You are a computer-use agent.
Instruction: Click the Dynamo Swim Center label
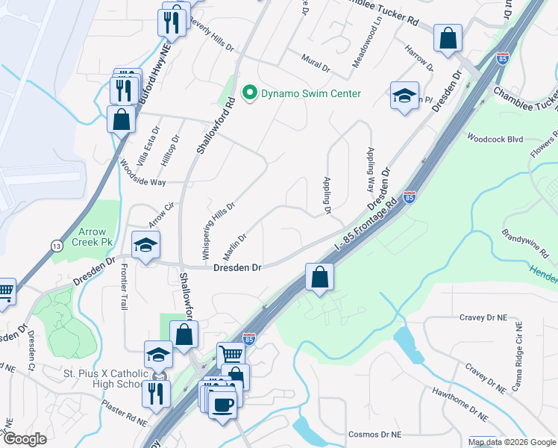point(310,93)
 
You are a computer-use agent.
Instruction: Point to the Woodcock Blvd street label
point(495,139)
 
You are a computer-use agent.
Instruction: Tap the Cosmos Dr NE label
point(376,435)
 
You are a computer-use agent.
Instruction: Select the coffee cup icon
point(222,405)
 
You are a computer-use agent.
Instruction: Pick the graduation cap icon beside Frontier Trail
point(145,244)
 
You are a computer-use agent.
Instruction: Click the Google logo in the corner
point(25,439)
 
